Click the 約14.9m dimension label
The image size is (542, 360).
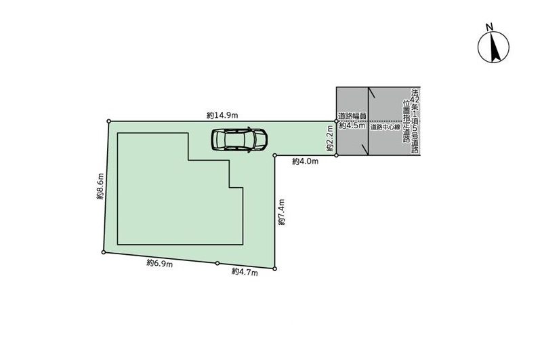point(222,115)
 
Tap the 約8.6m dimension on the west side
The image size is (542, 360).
point(100,186)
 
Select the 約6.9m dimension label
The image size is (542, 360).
point(160,264)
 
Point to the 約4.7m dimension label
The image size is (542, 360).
point(245,272)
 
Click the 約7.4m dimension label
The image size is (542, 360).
point(282,212)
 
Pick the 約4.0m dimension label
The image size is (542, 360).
point(306,161)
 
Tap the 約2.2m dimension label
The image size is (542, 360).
point(330,138)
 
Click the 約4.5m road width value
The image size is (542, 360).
point(352,125)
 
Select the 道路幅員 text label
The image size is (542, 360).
point(352,116)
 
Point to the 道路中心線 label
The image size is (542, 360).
point(385,127)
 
